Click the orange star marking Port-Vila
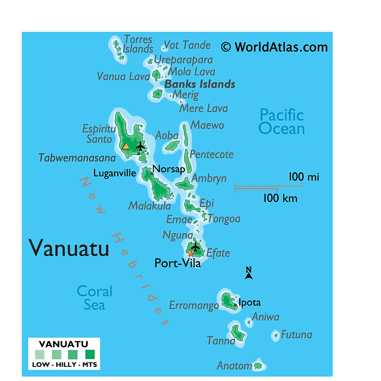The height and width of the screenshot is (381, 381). pos(190,254)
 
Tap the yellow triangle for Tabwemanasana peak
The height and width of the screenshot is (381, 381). pos(126,146)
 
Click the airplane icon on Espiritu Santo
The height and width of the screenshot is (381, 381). pos(140,145)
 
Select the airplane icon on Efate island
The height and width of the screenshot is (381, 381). pos(195,246)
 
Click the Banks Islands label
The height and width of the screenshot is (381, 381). pos(200,84)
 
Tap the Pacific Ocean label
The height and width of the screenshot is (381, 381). pos(282,122)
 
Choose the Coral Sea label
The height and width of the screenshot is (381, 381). pos(94,298)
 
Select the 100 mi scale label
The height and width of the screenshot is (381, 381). pos(304,177)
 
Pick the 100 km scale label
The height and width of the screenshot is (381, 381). pos(280,198)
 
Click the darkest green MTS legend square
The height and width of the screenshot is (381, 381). pos(90,354)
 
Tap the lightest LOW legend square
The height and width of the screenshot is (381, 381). pos(40,354)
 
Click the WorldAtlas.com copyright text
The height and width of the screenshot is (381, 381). pos(274,47)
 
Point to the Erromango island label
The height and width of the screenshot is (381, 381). pos(194,306)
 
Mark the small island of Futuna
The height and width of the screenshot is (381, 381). pos(276,336)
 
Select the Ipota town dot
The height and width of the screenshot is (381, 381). pos(235,305)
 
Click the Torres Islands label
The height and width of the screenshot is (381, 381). pos(138,44)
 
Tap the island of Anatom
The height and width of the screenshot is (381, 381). pos(257,366)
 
